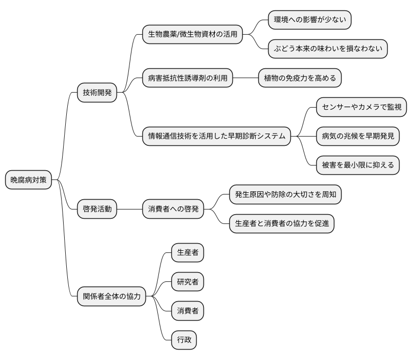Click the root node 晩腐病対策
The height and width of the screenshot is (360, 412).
(x=28, y=181)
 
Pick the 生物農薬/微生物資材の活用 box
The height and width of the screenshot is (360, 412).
(x=193, y=35)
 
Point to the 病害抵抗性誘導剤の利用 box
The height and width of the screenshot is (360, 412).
(x=187, y=78)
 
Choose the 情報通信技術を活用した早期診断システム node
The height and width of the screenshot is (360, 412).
(x=216, y=137)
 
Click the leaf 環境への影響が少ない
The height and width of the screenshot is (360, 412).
(x=310, y=20)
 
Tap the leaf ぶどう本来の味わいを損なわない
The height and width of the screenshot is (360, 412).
(x=328, y=49)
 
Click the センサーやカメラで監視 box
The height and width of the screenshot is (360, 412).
(x=361, y=107)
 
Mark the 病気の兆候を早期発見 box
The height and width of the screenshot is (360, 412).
(x=358, y=137)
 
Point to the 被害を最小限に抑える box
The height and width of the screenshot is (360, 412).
(x=358, y=166)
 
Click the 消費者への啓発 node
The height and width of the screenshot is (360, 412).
(x=173, y=209)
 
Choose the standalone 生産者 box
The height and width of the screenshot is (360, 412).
(x=187, y=253)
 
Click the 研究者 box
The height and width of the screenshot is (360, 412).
(x=187, y=282)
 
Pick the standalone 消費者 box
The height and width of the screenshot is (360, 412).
(x=187, y=311)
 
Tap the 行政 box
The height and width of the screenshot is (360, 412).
(x=184, y=340)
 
